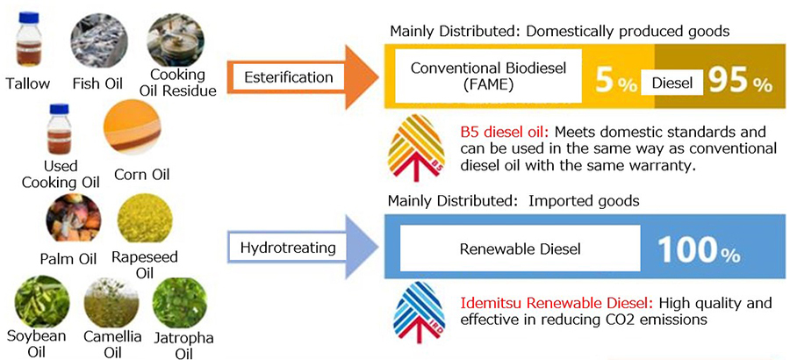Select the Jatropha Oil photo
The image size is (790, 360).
point(178,302)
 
